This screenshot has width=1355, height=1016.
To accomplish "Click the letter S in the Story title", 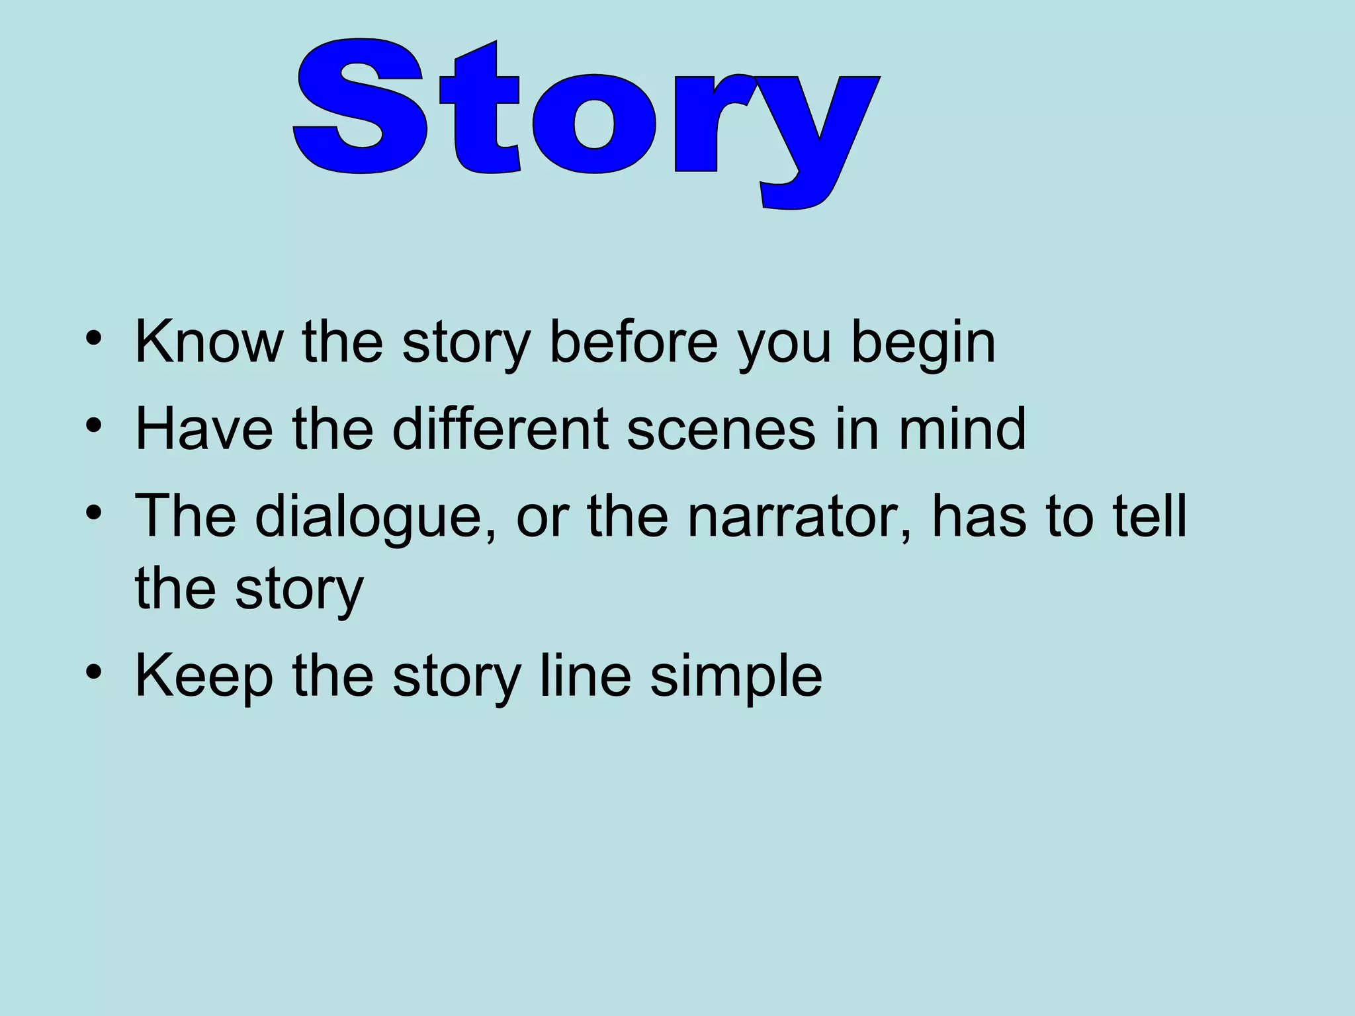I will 359,108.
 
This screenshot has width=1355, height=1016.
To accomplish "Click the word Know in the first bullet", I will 208,342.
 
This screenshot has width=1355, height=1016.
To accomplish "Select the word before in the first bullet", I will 633,342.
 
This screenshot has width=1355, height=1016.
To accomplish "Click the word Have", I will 204,429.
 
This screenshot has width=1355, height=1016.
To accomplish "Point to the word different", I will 500,429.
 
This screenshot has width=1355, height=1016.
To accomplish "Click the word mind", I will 961,429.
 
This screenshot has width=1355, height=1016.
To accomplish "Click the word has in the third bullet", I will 979,515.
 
